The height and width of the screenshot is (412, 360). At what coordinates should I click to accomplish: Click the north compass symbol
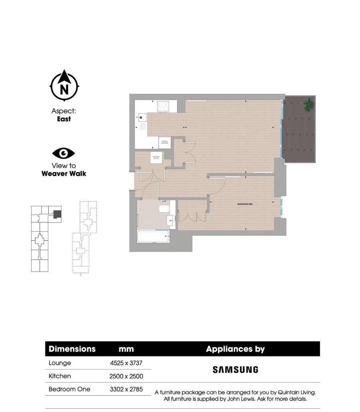click(64, 86)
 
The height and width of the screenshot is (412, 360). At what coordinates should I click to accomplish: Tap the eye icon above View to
click(63, 153)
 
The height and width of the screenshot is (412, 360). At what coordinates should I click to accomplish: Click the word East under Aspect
click(64, 119)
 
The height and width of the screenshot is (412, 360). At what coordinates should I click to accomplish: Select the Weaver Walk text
click(64, 174)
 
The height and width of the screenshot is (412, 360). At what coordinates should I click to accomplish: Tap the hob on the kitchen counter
click(163, 106)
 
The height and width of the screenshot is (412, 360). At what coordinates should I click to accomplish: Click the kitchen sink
click(142, 117)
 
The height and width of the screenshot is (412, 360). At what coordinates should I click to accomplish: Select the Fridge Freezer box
click(164, 142)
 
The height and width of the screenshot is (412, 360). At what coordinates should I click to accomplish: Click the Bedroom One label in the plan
click(245, 204)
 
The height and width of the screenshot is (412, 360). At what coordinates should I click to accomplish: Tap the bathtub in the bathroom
click(153, 236)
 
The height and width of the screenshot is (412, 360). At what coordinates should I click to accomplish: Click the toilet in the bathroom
click(164, 209)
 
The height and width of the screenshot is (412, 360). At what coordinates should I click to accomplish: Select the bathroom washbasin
click(171, 220)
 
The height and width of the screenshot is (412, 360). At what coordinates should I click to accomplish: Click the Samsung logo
click(235, 370)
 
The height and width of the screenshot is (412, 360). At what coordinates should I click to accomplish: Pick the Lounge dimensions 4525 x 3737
click(126, 363)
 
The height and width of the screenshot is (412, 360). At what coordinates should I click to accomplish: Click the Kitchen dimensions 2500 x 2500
click(126, 376)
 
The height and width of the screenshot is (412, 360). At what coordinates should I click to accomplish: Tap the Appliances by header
click(235, 349)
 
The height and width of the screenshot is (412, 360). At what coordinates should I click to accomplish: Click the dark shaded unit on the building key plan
click(57, 214)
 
